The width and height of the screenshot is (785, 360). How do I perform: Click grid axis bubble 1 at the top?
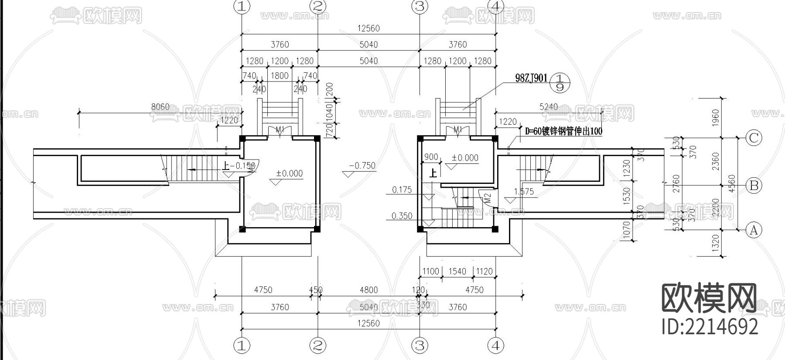pos(242,6)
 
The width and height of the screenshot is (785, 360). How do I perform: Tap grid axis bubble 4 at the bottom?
pos(496,346)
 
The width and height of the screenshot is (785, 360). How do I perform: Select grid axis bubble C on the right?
pos(754,138)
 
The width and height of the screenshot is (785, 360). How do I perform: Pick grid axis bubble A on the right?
pos(754,230)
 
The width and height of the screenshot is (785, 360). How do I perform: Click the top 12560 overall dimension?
pos(369,28)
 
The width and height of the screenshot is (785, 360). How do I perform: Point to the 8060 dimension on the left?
pos(160,107)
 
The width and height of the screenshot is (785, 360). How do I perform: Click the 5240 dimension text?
pos(548,107)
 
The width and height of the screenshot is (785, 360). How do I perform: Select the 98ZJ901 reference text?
pos(531,78)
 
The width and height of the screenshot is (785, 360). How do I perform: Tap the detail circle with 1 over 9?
pos(560,82)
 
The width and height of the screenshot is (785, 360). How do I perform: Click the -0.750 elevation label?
pos(362,166)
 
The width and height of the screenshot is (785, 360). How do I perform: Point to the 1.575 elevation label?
pos(524,191)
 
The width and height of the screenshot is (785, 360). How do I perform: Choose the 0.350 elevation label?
pos(402,216)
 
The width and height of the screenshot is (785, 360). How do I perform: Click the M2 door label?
pos(488,197)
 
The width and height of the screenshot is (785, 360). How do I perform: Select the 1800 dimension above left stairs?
pos(280,75)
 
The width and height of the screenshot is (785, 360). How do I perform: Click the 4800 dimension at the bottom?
pos(369,290)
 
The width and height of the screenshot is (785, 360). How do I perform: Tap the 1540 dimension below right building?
pos(457,271)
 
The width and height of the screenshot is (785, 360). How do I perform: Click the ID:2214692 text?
pos(710,326)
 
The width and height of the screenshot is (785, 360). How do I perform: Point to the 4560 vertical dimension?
pos(732,183)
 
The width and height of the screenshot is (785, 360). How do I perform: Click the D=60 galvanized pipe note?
pos(563,131)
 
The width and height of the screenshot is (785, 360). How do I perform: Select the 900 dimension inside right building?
pos(431,157)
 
